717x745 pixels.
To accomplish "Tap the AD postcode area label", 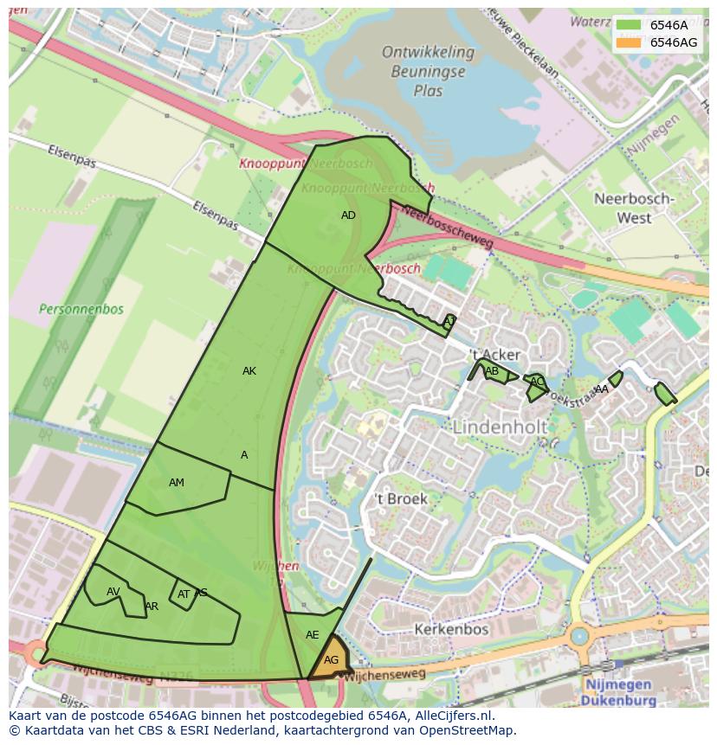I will (348, 215).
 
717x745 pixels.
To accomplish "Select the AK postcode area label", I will (249, 371).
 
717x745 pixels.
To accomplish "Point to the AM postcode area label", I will (177, 483).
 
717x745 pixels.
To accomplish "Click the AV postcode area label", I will (113, 592).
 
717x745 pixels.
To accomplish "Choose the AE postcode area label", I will (313, 635).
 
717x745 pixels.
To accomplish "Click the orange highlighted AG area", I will (331, 659).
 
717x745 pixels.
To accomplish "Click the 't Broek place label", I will (401, 499).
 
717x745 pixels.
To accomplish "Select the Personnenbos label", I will (81, 309).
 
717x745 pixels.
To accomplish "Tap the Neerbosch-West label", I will (634, 209).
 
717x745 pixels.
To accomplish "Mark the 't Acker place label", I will (494, 355).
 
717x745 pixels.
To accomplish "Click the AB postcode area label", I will (492, 372).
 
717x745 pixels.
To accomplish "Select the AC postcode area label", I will (537, 382).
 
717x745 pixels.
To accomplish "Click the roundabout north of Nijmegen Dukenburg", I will (578, 637).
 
